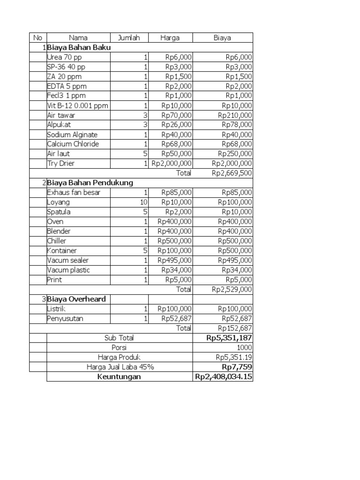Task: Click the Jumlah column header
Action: [x=129, y=38]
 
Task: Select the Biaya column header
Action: [x=223, y=38]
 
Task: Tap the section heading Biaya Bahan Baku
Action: [x=79, y=47]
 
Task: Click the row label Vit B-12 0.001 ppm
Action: [x=77, y=105]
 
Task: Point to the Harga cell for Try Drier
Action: [x=171, y=164]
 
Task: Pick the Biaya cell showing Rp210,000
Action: [x=235, y=115]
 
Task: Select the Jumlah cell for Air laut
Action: [x=145, y=154]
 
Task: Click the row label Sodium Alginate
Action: [x=72, y=135]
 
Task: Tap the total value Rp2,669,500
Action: [x=232, y=173]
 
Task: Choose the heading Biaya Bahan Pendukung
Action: [x=90, y=183]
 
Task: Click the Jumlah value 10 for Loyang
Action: [x=143, y=202]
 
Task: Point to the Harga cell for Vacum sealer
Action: [x=174, y=260]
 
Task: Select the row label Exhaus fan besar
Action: [x=74, y=192]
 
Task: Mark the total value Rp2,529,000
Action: [x=232, y=289]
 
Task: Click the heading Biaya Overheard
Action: [x=76, y=299]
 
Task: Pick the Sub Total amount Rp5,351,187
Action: [x=229, y=337]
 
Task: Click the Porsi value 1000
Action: [x=244, y=347]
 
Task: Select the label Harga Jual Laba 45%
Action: [x=120, y=367]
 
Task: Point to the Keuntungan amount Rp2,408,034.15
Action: [x=224, y=376]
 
